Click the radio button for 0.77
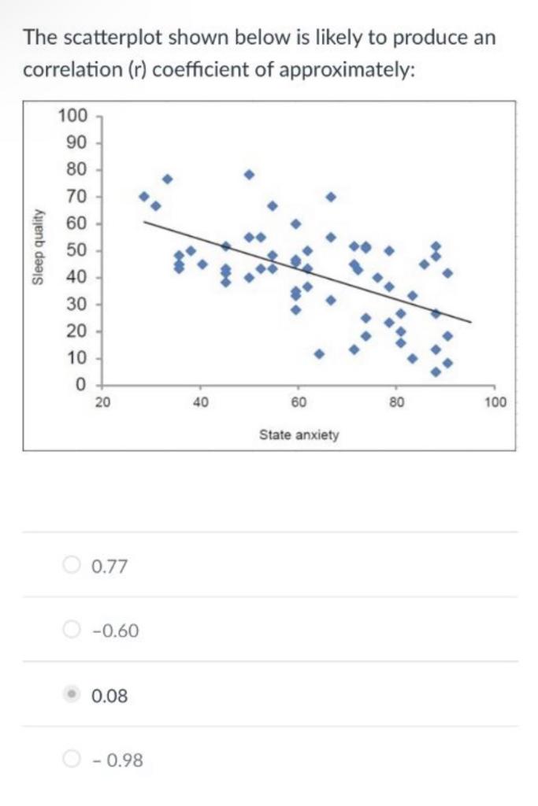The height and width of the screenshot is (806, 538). (x=72, y=565)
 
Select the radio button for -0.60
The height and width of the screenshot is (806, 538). (x=72, y=630)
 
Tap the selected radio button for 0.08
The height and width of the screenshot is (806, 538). (x=72, y=695)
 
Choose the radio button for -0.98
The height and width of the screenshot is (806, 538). (x=72, y=760)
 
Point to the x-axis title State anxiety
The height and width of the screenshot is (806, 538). (x=299, y=434)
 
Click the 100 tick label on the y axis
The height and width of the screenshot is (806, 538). (x=73, y=116)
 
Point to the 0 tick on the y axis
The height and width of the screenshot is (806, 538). (x=80, y=385)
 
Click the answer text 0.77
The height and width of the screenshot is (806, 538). (x=109, y=566)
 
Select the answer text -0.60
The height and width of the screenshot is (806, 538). (x=115, y=630)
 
